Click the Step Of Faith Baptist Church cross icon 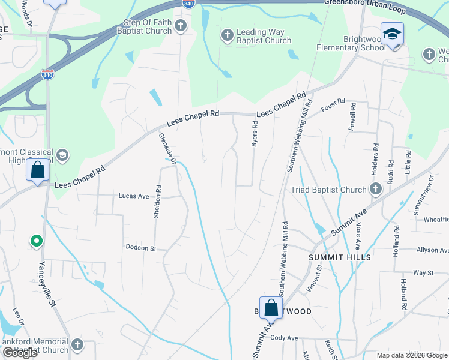pos(181,26)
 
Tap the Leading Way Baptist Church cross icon pos(228,35)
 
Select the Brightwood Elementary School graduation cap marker pos(392,34)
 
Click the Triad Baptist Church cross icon pos(375,190)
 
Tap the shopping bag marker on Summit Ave pos(271,308)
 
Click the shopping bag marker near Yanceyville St pos(38,171)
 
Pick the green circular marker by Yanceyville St pos(37,242)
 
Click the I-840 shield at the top pos(188,4)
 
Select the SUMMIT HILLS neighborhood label pos(340,257)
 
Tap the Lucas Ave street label pos(134,196)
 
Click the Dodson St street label pos(140,247)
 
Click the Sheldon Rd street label pos(157,200)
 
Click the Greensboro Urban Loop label pos(366,3)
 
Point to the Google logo pos(20,353)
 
